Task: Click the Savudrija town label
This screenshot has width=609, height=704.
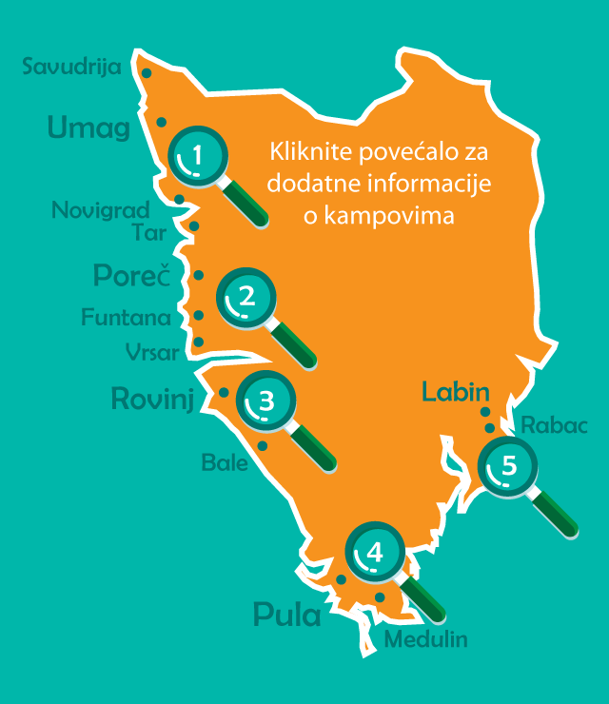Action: [x=70, y=68]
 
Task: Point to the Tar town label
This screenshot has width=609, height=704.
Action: [x=151, y=233]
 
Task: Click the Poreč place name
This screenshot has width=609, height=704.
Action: [x=131, y=276]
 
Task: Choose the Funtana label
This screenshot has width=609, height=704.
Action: [x=127, y=317]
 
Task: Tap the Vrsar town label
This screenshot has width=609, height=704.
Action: [x=151, y=352]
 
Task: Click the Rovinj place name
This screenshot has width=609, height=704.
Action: [x=152, y=398]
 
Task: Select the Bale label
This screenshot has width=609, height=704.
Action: [x=225, y=464]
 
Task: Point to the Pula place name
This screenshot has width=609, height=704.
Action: [x=287, y=615]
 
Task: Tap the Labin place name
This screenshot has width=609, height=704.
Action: [x=456, y=391]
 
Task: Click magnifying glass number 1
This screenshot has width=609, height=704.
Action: [x=198, y=155]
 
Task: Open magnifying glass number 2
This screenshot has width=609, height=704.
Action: [x=247, y=296]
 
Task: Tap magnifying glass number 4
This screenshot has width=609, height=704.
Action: [x=375, y=552]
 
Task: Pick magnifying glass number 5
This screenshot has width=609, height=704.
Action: [x=509, y=466]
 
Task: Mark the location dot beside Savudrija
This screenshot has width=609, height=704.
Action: [x=147, y=72]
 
